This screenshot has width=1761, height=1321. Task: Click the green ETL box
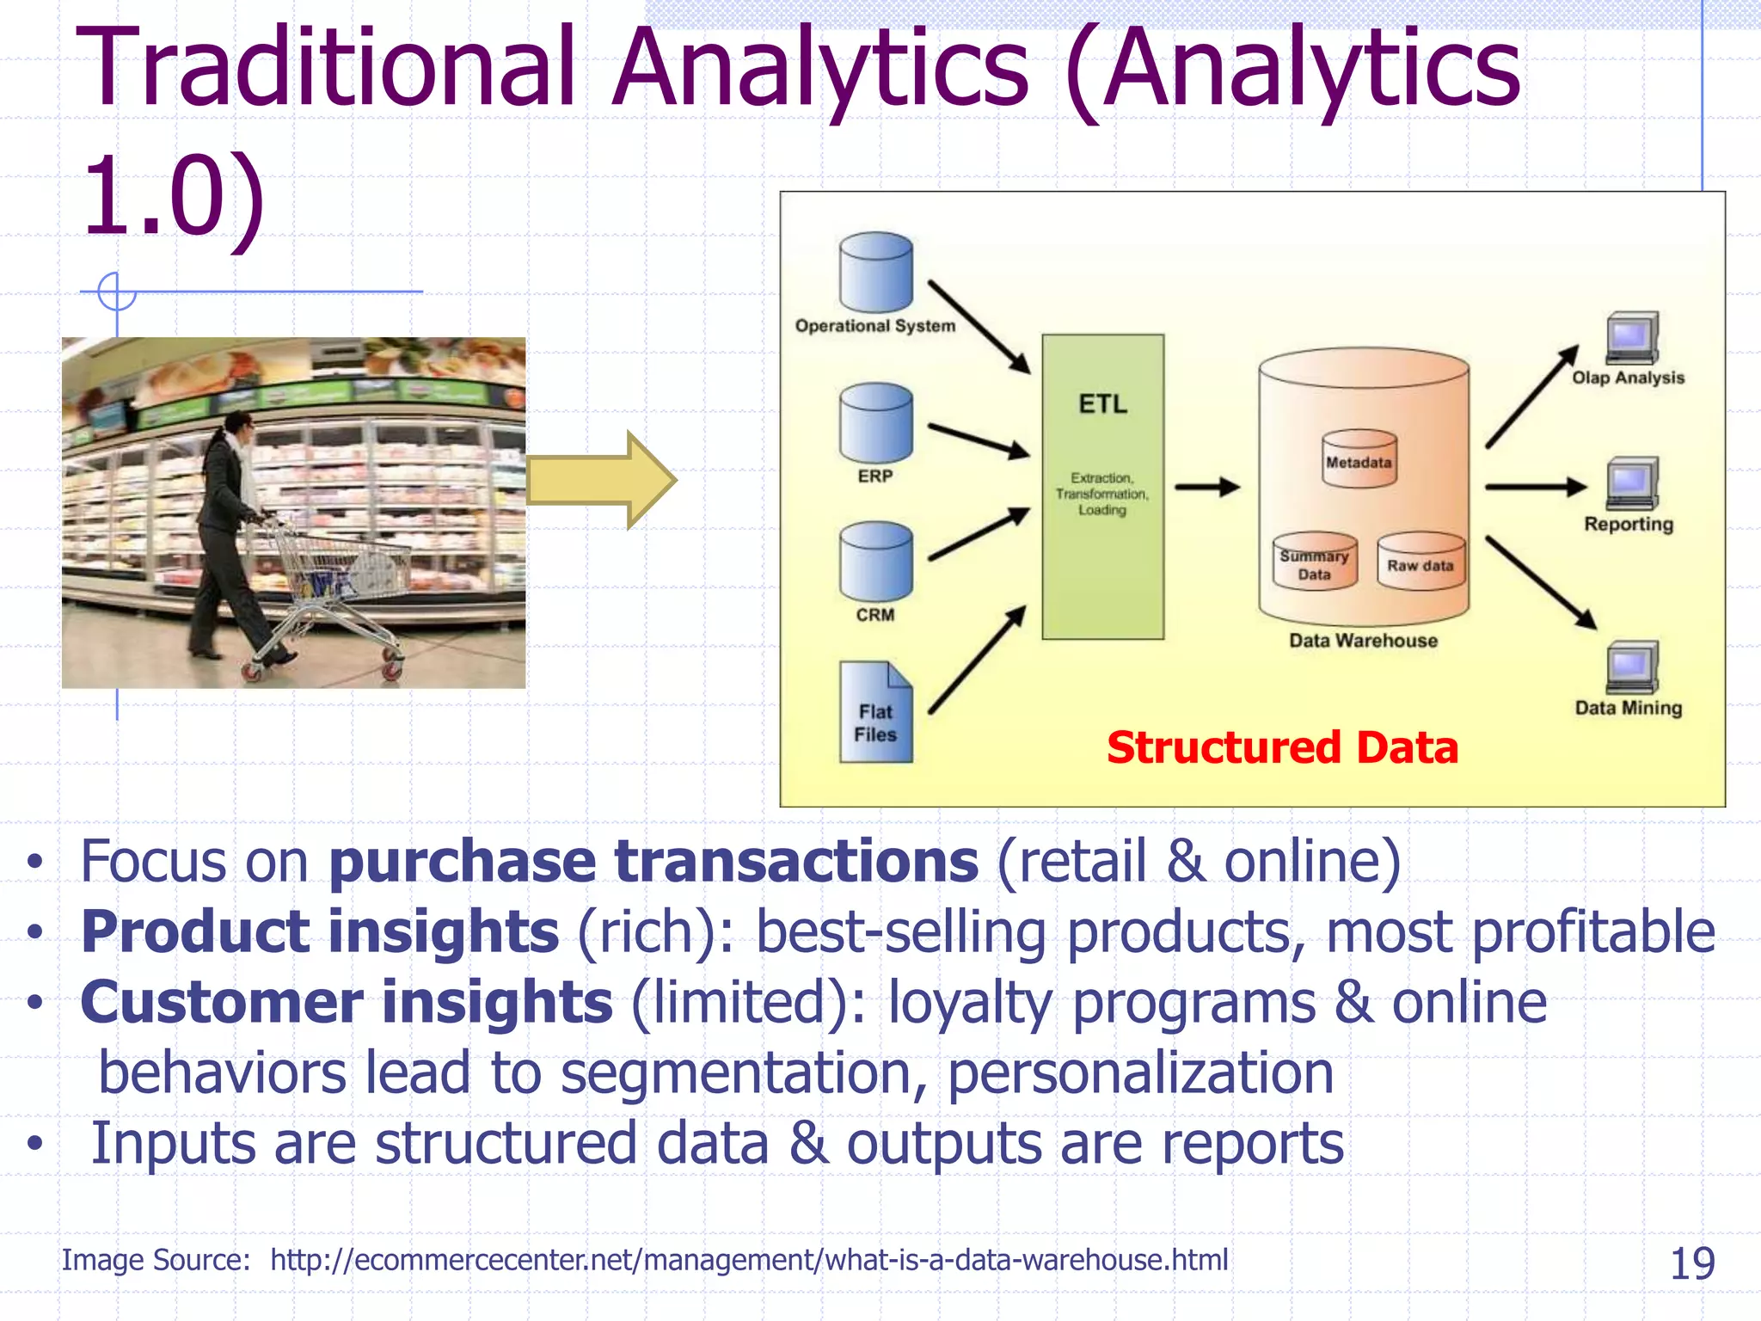1102,486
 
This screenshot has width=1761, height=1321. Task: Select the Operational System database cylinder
875,273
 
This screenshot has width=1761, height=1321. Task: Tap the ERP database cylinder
875,423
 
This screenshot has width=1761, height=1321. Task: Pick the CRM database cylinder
875,562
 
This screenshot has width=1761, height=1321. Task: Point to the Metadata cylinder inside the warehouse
1358,461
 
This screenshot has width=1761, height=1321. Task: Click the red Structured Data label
1281,747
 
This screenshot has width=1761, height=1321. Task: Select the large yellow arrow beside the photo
602,480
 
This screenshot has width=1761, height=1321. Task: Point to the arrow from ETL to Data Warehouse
1207,487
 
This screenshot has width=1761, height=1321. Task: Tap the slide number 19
1691,1263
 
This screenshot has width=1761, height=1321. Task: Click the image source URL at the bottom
748,1260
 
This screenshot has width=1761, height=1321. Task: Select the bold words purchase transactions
653,861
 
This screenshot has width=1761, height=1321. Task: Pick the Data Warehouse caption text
1363,641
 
